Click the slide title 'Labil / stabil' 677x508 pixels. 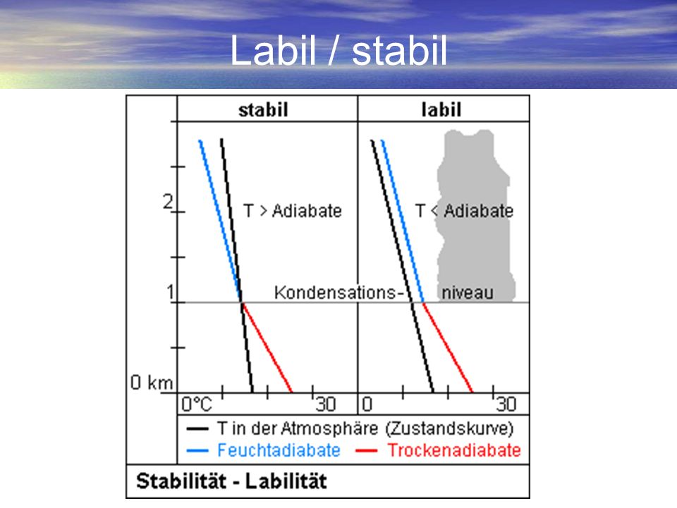pyautogui.click(x=338, y=51)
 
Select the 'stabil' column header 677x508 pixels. pyautogui.click(x=263, y=110)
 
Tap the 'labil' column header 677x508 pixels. pyautogui.click(x=441, y=110)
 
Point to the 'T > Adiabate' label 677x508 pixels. pyautogui.click(x=292, y=211)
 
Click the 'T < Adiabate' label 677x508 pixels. pyautogui.click(x=464, y=211)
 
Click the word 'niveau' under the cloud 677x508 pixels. pyautogui.click(x=467, y=294)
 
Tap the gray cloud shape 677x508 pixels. pyautogui.click(x=475, y=216)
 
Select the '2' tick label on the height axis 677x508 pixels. pyautogui.click(x=168, y=202)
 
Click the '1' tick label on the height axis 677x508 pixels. pyautogui.click(x=170, y=292)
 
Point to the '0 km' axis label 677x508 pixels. pyautogui.click(x=152, y=382)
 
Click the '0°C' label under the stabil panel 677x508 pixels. pyautogui.click(x=197, y=404)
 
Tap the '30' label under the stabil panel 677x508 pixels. pyautogui.click(x=325, y=404)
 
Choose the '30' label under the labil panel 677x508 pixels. pyautogui.click(x=506, y=404)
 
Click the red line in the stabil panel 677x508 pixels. pyautogui.click(x=267, y=347)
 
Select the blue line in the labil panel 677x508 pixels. pyautogui.click(x=403, y=221)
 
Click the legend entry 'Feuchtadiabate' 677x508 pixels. pyautogui.click(x=279, y=450)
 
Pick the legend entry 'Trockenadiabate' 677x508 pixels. pyautogui.click(x=454, y=450)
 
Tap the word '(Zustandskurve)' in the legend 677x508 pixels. pyautogui.click(x=449, y=428)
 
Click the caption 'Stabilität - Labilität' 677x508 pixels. pyautogui.click(x=231, y=481)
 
